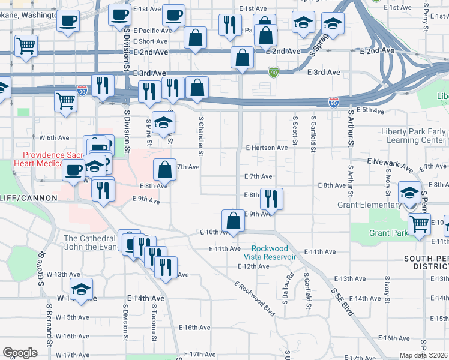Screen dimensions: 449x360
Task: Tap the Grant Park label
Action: (388, 233)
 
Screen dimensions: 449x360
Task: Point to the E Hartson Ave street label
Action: (267, 148)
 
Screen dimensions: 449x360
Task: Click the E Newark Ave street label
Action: (390, 162)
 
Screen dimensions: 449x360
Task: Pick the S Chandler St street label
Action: (200, 139)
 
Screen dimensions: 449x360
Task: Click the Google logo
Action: (20, 353)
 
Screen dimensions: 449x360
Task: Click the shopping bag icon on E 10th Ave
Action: (233, 220)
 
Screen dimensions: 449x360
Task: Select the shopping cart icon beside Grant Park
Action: (419, 224)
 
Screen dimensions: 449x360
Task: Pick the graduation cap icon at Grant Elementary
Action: (410, 193)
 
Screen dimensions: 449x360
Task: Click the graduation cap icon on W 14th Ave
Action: (81, 289)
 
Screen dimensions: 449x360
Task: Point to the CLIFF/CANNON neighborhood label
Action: (29, 197)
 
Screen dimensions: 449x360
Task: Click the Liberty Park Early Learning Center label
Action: (414, 136)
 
